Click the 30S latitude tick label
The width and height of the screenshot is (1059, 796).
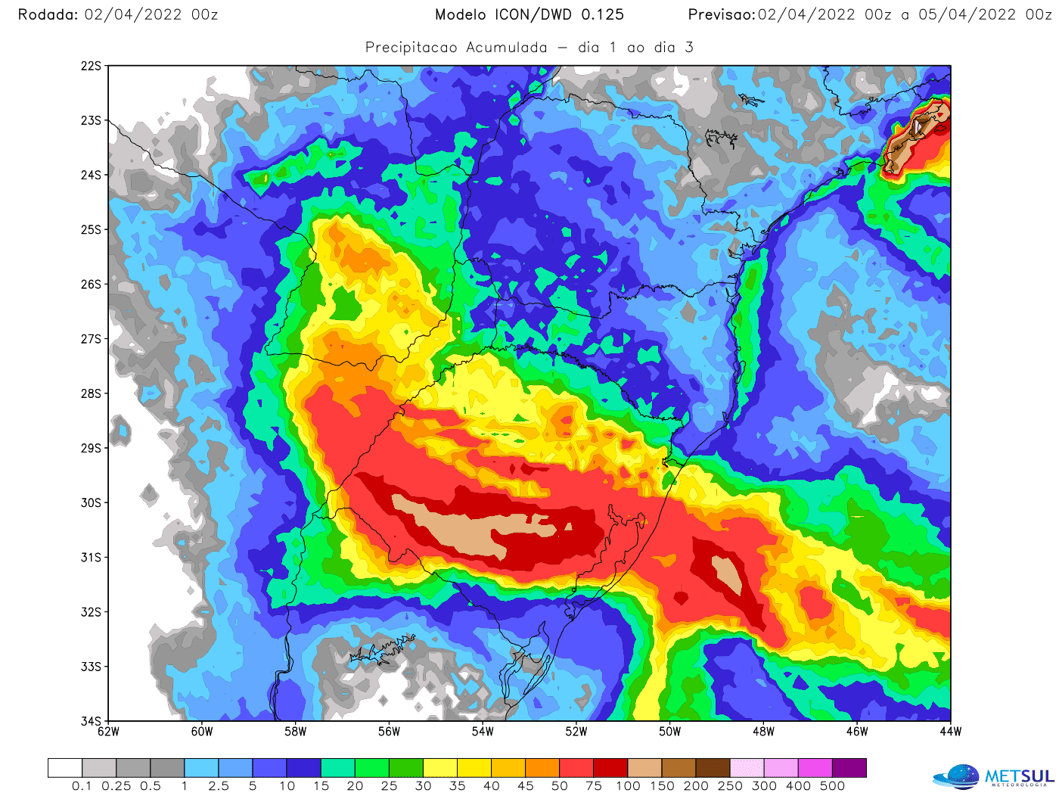[91, 502]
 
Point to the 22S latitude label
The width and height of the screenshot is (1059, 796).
[91, 66]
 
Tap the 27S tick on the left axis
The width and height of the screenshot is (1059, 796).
[91, 339]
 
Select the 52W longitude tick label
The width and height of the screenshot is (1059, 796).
[576, 732]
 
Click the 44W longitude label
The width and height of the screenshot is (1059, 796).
[951, 732]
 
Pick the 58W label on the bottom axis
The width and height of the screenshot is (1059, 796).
[296, 732]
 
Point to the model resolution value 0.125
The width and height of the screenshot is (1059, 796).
[602, 14]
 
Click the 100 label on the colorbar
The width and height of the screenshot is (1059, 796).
[628, 786]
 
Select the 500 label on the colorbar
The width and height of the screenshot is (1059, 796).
[832, 786]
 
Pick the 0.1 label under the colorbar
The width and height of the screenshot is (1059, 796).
[82, 786]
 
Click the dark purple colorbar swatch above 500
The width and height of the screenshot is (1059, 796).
[849, 768]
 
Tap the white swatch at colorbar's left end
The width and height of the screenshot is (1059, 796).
[64, 768]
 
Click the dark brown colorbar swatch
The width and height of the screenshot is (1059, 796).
[713, 768]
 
